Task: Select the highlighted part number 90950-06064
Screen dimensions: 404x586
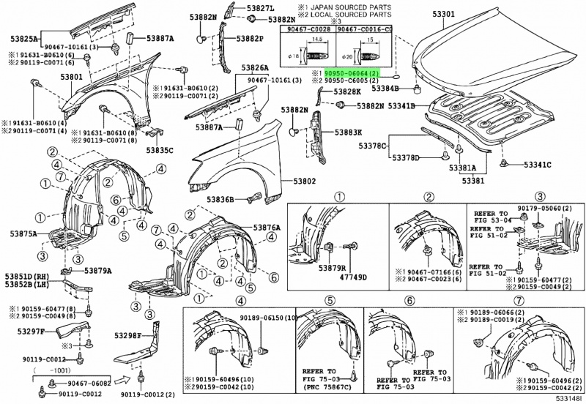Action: (352, 74)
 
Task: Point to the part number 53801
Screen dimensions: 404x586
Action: (72, 75)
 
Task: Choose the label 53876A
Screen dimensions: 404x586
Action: (267, 228)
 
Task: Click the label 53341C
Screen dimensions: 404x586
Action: (536, 163)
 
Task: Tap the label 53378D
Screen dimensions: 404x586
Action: (406, 157)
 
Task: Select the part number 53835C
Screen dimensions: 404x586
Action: (160, 150)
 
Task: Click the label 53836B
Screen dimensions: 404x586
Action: (220, 200)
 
